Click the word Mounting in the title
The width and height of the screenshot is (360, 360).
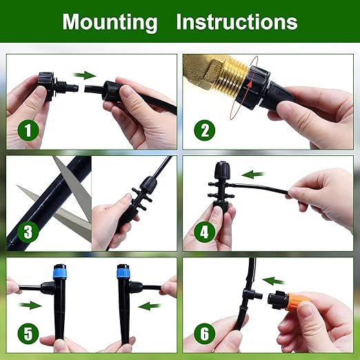coord(110,22)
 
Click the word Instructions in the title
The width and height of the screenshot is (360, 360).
coord(237,22)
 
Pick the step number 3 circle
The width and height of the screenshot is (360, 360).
coord(26,232)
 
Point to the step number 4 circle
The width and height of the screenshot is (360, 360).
coord(203,232)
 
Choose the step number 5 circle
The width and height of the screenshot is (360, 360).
coord(26,334)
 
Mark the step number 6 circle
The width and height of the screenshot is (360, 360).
coord(203,334)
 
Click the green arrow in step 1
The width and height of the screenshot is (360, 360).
coord(86,74)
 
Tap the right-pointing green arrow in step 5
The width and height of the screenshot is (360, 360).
coord(30,304)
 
